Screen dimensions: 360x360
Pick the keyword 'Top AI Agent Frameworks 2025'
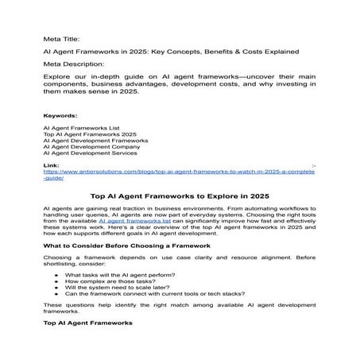click(90, 135)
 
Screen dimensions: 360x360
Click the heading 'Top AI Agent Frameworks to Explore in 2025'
click(180, 195)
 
